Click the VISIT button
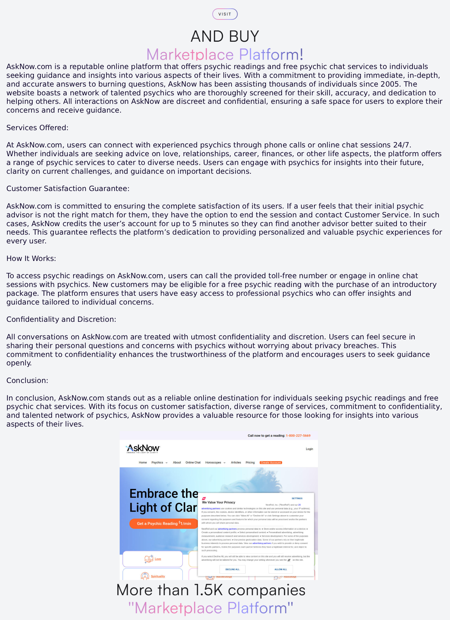[225, 14]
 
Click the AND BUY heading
[225, 36]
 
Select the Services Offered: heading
[37, 128]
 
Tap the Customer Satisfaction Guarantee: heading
[68, 189]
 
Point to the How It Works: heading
[31, 259]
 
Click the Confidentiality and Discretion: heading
[61, 319]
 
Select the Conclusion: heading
[27, 381]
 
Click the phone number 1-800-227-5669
[298, 436]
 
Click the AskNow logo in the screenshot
[143, 449]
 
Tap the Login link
[309, 449]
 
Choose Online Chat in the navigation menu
[193, 463]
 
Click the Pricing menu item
[250, 463]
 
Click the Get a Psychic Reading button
[164, 523]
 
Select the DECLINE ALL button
[232, 569]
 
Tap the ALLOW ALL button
[280, 569]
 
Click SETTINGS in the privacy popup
[297, 498]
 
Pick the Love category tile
[153, 559]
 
